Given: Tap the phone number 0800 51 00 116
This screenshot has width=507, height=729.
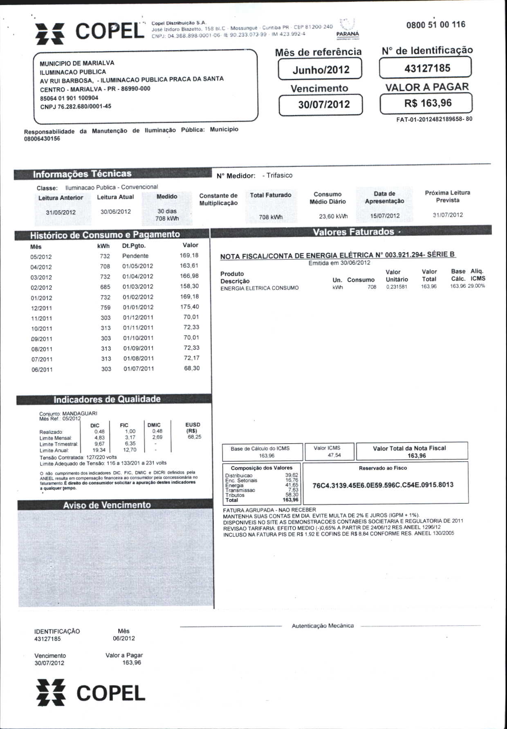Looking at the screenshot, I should (435, 25).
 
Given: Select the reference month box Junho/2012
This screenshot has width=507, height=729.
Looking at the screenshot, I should (321, 69).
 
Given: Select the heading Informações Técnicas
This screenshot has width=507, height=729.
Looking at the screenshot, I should (82, 174).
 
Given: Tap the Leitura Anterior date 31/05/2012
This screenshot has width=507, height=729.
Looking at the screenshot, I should (61, 212).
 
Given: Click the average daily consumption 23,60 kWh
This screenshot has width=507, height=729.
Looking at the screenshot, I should (333, 216).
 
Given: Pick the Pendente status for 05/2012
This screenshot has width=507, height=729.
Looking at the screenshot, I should (135, 256).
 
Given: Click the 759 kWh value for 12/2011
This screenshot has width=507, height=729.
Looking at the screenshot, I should (105, 307).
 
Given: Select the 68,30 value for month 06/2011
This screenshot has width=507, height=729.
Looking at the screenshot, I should (191, 368).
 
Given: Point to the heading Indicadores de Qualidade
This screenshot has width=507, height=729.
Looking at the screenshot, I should (107, 399).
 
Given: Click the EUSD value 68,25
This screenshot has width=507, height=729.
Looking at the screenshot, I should (194, 437).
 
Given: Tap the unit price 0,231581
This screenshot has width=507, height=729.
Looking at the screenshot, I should (397, 287).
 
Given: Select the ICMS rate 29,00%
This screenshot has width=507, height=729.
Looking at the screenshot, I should (476, 286).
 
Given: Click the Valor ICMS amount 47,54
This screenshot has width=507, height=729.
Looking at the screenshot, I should (334, 455).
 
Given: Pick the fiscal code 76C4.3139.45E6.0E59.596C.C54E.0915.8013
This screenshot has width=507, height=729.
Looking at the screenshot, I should (383, 485).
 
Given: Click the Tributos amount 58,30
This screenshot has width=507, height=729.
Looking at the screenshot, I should (292, 495).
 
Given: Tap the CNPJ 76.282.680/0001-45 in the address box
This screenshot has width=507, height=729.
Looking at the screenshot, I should (76, 107).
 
